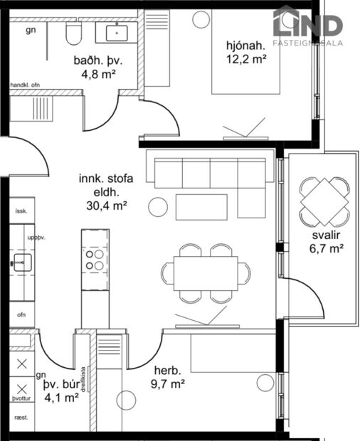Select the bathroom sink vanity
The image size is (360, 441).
pyautogui.click(x=115, y=33)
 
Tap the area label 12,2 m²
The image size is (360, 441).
pyautogui.click(x=247, y=60)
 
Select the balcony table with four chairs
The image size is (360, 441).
pyautogui.click(x=324, y=201)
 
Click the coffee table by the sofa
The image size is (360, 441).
pyautogui.click(x=202, y=206)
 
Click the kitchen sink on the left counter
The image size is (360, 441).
pyautogui.click(x=22, y=262)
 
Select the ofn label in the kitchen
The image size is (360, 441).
pyautogui.click(x=21, y=313)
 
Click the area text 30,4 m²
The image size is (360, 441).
pyautogui.click(x=102, y=206)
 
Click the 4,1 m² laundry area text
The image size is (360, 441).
pyautogui.click(x=61, y=398)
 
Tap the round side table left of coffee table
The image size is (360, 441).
pyautogui.click(x=157, y=207)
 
